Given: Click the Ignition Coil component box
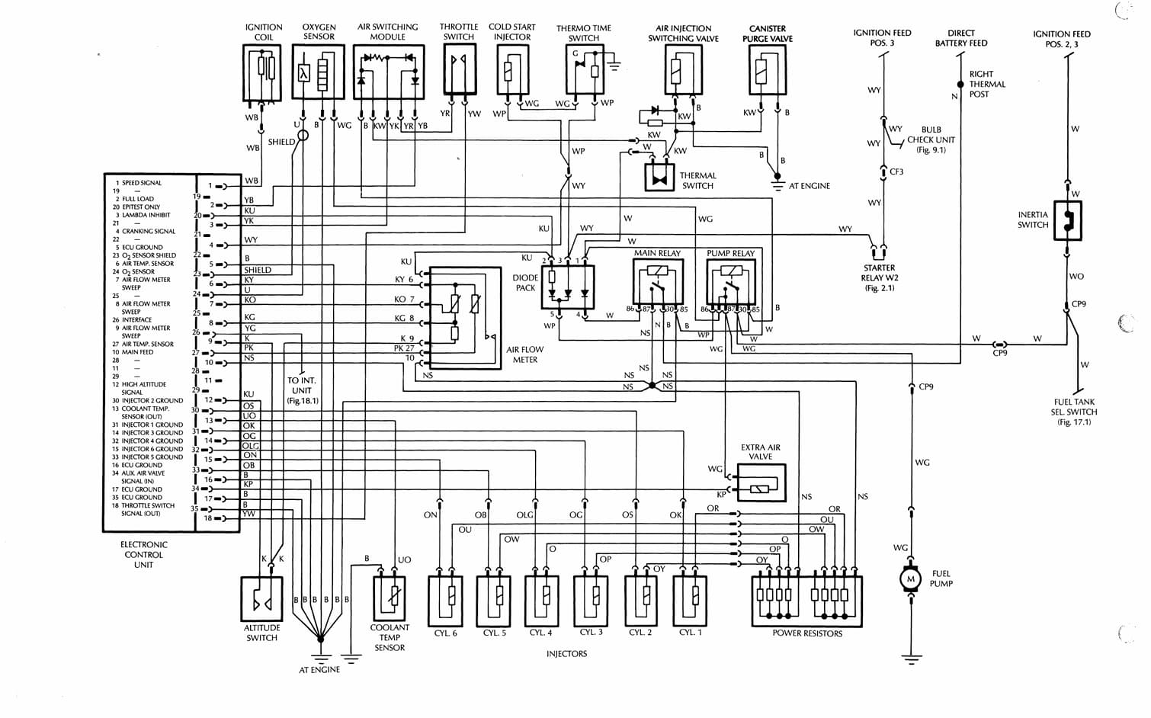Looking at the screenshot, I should tap(263, 72).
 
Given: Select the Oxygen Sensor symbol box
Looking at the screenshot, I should tap(319, 72).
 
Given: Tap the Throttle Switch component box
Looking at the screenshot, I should tap(459, 69).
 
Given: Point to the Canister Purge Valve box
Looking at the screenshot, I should tap(767, 71).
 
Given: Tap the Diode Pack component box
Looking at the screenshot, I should tap(566, 287).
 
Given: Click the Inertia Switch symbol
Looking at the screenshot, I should tap(1068, 221).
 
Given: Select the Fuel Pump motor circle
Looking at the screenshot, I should tap(910, 579).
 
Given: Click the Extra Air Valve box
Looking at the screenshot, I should tap(761, 482).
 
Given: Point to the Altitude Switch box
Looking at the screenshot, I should tap(261, 599).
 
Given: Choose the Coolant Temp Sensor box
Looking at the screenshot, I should tap(390, 598).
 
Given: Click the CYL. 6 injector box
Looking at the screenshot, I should tap(446, 601).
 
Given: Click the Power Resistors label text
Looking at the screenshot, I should tap(807, 633).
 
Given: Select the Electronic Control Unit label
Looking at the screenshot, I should tap(143, 555).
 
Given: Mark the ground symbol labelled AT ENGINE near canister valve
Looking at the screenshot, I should tap(777, 185).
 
